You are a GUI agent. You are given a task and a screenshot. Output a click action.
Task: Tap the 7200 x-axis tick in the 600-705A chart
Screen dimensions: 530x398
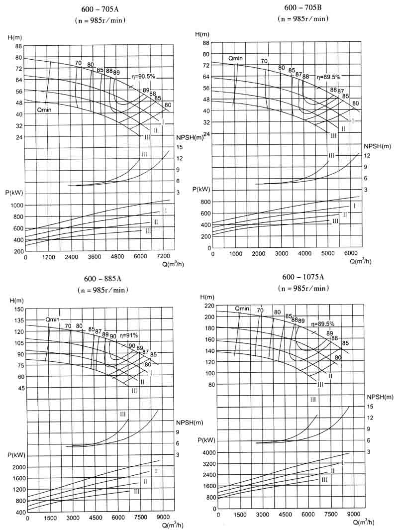pos(163,257)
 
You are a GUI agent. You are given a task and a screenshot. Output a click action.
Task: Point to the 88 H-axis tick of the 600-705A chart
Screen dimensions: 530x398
pos(18,46)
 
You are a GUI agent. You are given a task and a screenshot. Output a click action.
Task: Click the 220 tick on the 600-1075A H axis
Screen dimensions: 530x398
pos(208,306)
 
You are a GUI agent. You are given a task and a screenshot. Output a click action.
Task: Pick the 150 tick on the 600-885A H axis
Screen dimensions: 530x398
pos(19,309)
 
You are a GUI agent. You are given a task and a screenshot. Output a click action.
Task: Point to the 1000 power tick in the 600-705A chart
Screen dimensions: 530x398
pos(17,205)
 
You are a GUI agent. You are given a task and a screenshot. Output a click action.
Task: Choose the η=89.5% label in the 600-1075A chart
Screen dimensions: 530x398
pos(323,323)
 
